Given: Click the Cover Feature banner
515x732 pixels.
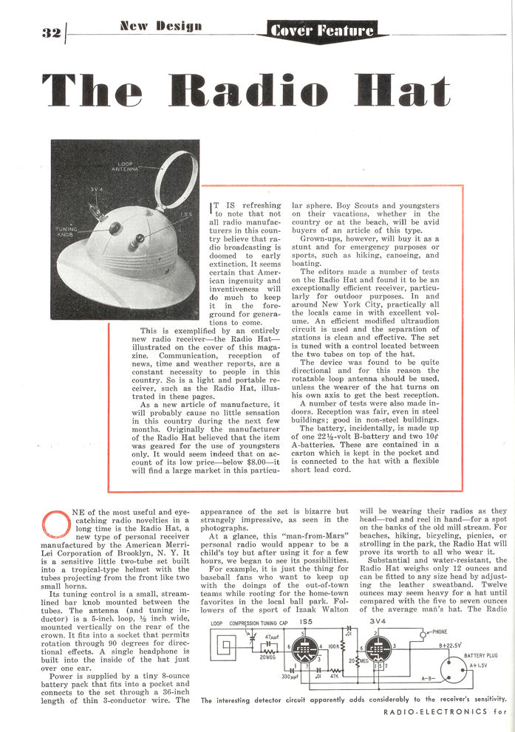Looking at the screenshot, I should point(322,31).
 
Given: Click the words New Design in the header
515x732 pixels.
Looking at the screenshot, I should point(160,27).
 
